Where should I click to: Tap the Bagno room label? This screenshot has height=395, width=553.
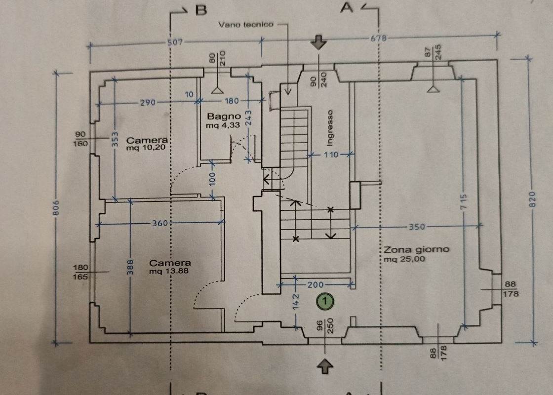point(224,117)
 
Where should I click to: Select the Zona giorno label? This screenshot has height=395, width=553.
point(416,249)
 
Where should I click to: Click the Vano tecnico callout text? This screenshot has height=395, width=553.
point(245,24)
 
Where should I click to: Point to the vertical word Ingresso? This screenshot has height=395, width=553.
point(330,127)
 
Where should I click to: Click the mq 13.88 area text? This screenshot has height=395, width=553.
point(170,272)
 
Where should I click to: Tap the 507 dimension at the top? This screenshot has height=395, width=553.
point(175,42)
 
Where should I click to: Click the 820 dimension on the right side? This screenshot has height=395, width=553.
point(532,200)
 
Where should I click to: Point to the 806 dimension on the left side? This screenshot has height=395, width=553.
point(56,207)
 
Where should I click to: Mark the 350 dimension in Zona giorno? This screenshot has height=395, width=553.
point(416,227)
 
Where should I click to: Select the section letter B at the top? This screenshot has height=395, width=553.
point(200,10)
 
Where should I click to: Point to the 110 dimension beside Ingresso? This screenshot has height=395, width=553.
point(330,155)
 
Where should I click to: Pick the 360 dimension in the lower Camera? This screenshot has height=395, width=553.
point(160,223)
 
